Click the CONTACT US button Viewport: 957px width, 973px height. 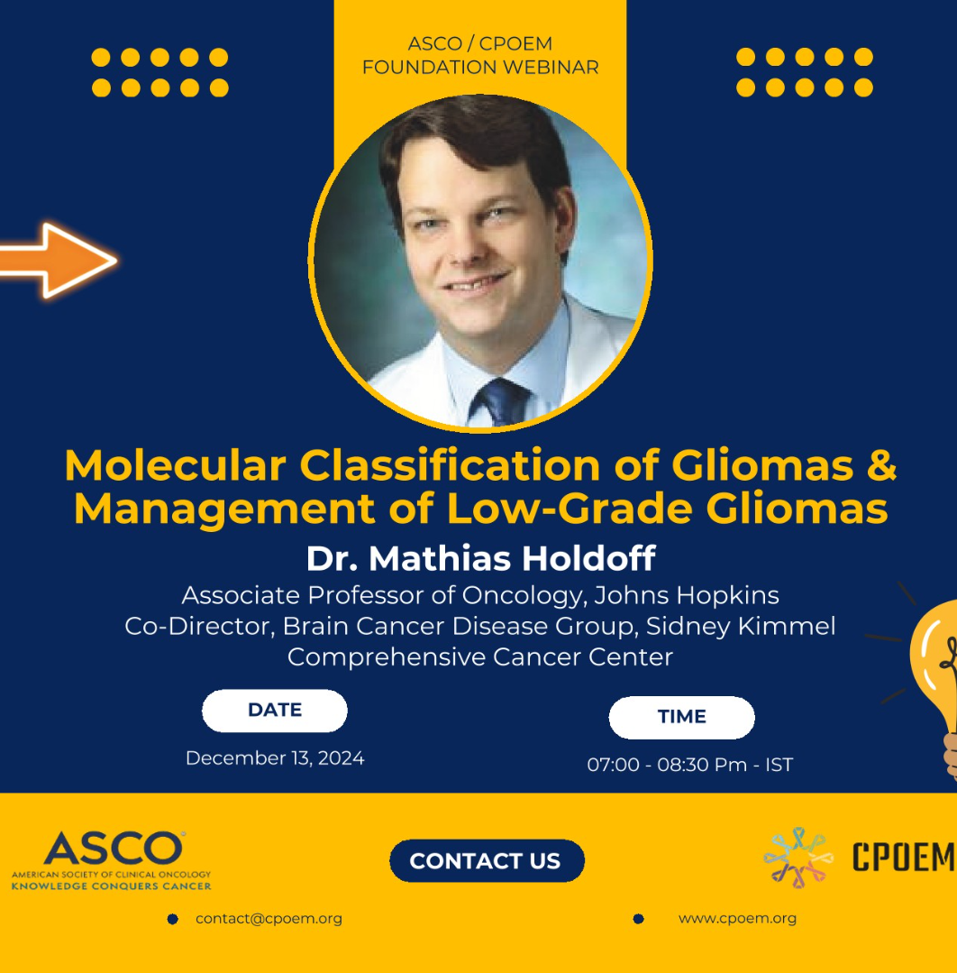coord(487,860)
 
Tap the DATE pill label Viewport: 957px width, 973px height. coord(274,711)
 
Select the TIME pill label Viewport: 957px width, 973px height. coord(681,717)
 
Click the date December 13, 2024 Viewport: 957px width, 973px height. coord(275,758)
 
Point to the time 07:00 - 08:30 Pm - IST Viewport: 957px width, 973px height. coord(689,765)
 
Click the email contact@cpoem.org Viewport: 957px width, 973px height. coord(269,918)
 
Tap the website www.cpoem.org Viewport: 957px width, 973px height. coord(737,918)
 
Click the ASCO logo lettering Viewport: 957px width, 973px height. coord(114,848)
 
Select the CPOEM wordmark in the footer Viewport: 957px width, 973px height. coord(904,857)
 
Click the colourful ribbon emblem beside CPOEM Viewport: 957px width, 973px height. coord(798,857)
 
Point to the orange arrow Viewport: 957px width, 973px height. coord(58,261)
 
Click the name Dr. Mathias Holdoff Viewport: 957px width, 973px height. coord(480,558)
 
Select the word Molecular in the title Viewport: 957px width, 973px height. coord(176,464)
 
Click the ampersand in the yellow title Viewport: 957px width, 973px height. coord(881,464)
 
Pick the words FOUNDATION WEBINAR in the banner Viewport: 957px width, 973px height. coord(480,67)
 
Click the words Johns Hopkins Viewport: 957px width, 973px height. coord(687,596)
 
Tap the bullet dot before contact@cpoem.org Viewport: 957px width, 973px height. coord(173,919)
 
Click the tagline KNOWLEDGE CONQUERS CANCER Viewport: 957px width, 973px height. coord(112,886)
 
